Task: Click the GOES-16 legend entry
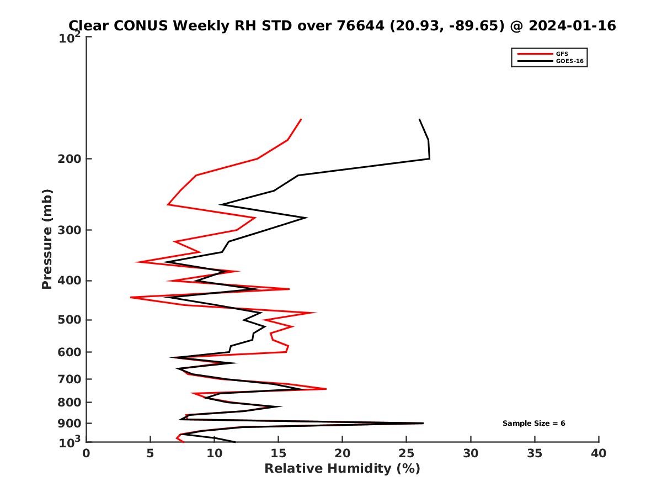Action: tap(569, 61)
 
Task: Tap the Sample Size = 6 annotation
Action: tap(533, 424)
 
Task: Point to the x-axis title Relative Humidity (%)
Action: tap(342, 469)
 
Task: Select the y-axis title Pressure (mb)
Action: tap(47, 239)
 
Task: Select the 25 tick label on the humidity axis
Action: tap(407, 454)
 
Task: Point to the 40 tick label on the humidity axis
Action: tap(599, 454)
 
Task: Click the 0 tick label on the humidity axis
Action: tap(87, 454)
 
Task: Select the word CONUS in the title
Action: tap(142, 26)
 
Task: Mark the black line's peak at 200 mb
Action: tap(429, 159)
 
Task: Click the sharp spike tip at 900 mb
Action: tap(423, 423)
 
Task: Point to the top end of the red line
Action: tap(301, 119)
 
